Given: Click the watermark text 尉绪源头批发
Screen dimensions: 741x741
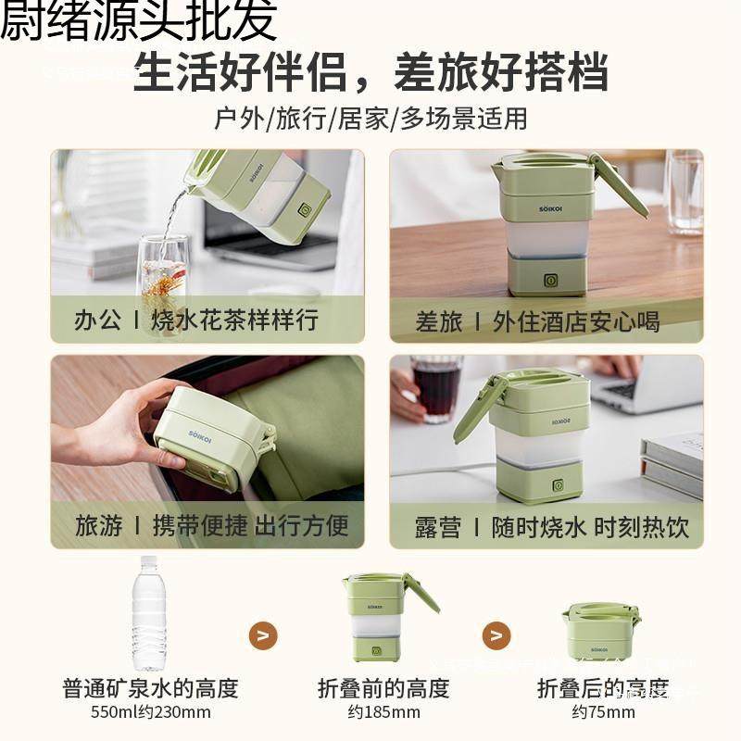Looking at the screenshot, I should pos(139,22).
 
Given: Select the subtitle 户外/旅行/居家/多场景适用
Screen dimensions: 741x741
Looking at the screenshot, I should pos(370,119).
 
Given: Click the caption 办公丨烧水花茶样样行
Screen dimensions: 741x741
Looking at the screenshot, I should pos(196,320).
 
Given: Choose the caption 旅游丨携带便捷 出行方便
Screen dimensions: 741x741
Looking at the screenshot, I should pos(212,526).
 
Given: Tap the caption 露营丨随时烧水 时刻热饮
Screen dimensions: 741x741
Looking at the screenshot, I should pos(552,527).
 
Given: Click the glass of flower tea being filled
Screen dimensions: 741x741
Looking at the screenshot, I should pos(164,278).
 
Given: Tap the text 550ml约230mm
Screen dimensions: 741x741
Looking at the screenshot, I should pos(150,712).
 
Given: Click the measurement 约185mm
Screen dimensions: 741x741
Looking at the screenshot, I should pos(383,712).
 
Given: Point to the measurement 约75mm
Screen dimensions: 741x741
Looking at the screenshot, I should pos(603,712).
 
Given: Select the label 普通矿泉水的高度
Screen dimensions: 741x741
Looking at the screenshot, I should pos(150,688).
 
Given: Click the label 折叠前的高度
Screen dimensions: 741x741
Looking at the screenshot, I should pos(383,688).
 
